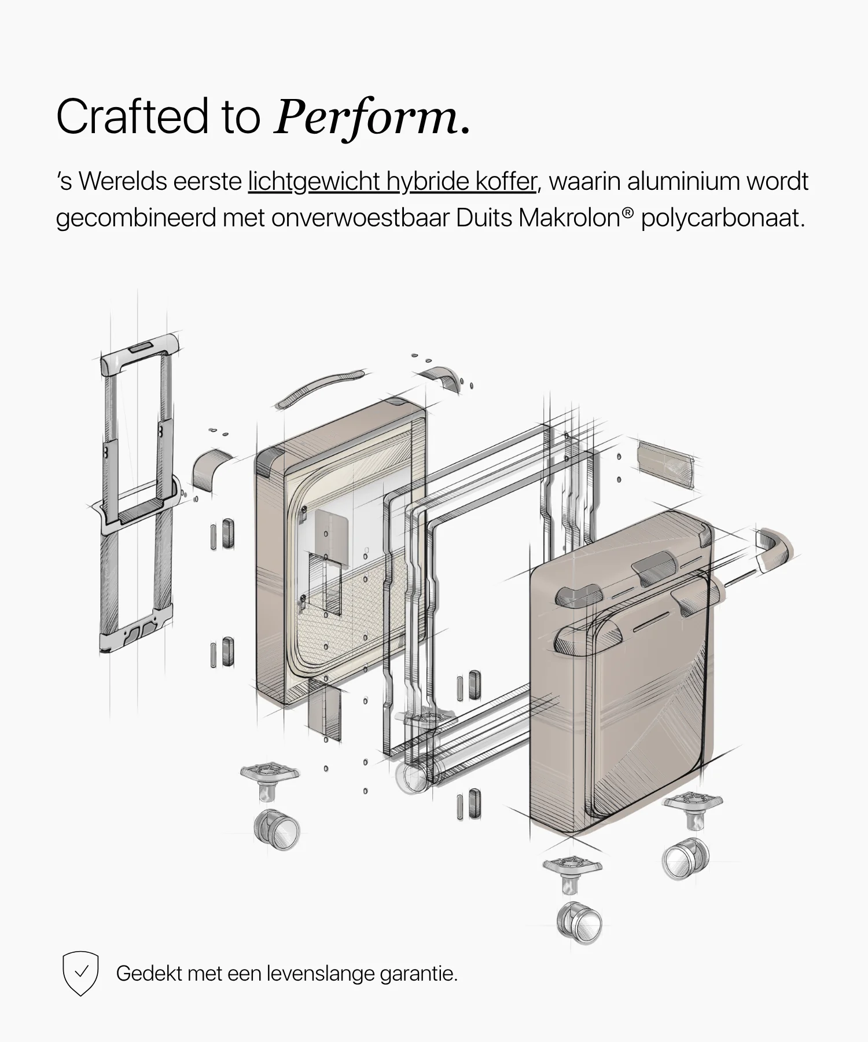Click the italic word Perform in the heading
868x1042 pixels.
click(x=366, y=118)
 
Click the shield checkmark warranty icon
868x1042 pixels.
click(x=80, y=973)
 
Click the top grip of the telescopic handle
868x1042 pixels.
click(x=139, y=353)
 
